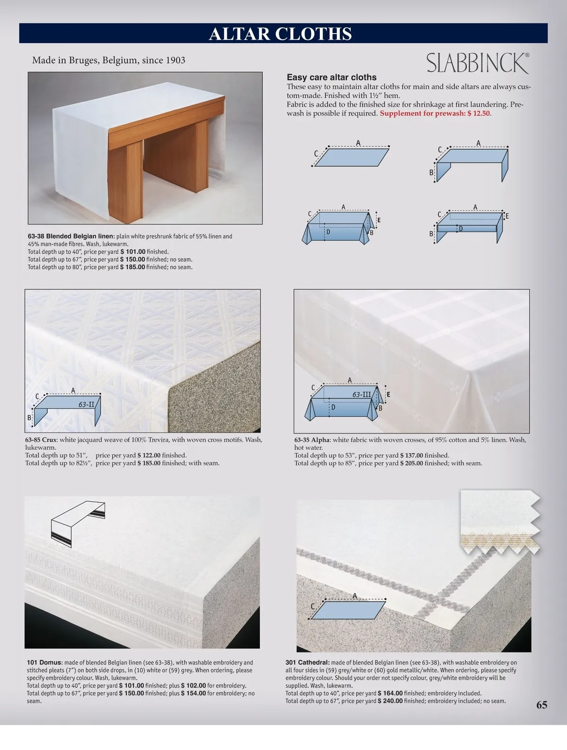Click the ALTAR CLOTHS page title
tap(280, 34)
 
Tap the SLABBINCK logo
tap(478, 63)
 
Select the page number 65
tap(541, 705)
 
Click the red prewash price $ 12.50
tap(479, 113)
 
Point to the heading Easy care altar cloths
tap(332, 77)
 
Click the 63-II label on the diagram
tap(86, 404)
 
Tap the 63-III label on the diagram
tap(361, 394)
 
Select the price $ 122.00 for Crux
tap(149, 455)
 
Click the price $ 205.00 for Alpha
tap(412, 463)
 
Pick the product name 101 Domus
tap(45, 662)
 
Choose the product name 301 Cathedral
tap(308, 662)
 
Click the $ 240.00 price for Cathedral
tap(390, 701)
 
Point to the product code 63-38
tap(36, 236)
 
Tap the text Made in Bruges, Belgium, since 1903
tap(109, 60)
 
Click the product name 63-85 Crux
tap(41, 440)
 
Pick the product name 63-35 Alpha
tap(312, 440)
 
